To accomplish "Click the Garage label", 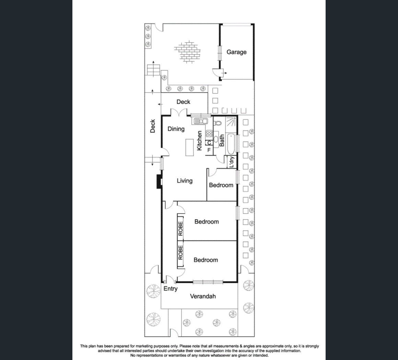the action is coord(236,52).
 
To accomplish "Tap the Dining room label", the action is coord(176,129).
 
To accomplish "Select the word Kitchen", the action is coord(199,140).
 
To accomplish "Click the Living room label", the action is coord(185,181).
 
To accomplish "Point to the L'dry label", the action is coord(231,162).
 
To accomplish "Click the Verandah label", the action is coord(203,296).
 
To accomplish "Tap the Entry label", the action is coord(170,289).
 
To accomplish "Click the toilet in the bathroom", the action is coord(217,123).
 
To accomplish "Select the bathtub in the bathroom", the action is coord(231,144).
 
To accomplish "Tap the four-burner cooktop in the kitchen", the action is coord(209,134).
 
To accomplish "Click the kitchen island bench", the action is coord(190,147).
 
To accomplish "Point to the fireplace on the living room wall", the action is coord(159,181).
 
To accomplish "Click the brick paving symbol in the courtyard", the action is coord(187,52).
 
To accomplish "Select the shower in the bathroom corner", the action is coord(231,122).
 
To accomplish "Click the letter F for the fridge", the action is coord(209,150).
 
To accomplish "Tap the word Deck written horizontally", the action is coord(183,102).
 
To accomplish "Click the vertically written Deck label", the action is coord(153,126).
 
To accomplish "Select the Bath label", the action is coord(222,140).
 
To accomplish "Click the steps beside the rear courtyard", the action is coord(153,70).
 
